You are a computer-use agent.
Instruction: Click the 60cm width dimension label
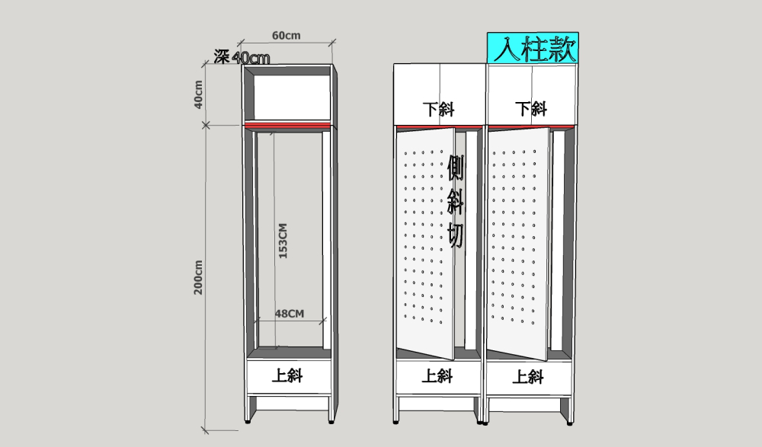pos(286,35)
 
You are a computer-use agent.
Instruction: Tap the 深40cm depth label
pos(242,56)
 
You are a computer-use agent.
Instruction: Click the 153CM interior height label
pos(283,241)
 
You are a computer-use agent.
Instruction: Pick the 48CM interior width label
pos(290,313)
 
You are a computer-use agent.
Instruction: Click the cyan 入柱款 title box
pos(533,48)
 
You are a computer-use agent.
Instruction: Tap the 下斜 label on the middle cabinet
pos(440,108)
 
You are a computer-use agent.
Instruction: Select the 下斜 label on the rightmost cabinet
pos(531,108)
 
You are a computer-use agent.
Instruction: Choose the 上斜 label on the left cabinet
pos(288,375)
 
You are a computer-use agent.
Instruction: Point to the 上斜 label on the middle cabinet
pos(438,375)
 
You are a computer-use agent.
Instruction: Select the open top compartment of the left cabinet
pos(288,95)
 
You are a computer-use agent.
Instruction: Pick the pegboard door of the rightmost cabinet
pos(517,244)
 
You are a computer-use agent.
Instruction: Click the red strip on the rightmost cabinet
pos(531,125)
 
